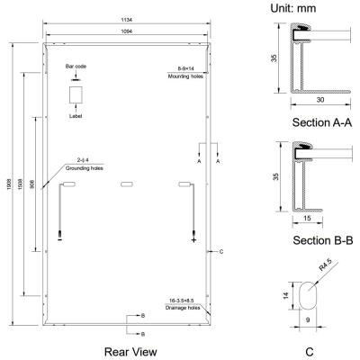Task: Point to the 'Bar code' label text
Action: (75, 67)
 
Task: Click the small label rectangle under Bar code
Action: (76, 94)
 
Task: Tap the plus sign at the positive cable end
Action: (193, 240)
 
